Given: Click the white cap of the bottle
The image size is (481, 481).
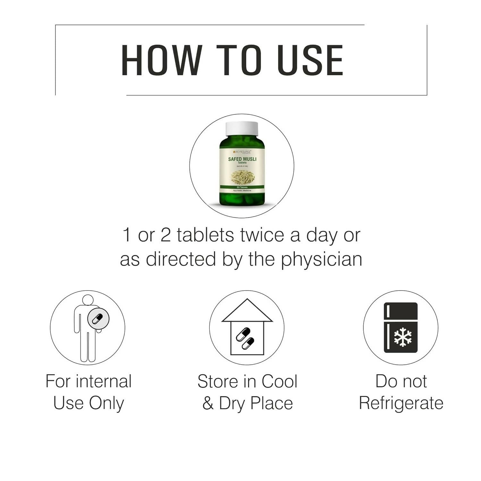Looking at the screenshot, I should coord(242,128).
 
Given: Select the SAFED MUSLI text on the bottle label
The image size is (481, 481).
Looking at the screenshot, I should coord(242,159).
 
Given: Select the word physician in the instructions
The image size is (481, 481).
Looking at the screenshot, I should coord(322,259).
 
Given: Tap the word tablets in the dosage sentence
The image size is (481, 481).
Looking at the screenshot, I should coord(205,235).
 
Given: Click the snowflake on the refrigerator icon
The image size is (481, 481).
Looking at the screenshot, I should coord(403,337).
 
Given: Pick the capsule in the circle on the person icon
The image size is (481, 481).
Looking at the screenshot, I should coord(98,318).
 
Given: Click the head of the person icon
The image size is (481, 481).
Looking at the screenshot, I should coord(88,300).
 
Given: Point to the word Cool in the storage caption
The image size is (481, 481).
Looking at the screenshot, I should coord(279,381).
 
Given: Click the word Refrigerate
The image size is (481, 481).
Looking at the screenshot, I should coord(401,403).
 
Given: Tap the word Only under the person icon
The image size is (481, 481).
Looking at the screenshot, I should coord(106,403).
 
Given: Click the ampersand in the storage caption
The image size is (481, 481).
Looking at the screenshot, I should coord(208,403).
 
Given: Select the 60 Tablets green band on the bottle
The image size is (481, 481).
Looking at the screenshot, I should coord(242,187).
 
